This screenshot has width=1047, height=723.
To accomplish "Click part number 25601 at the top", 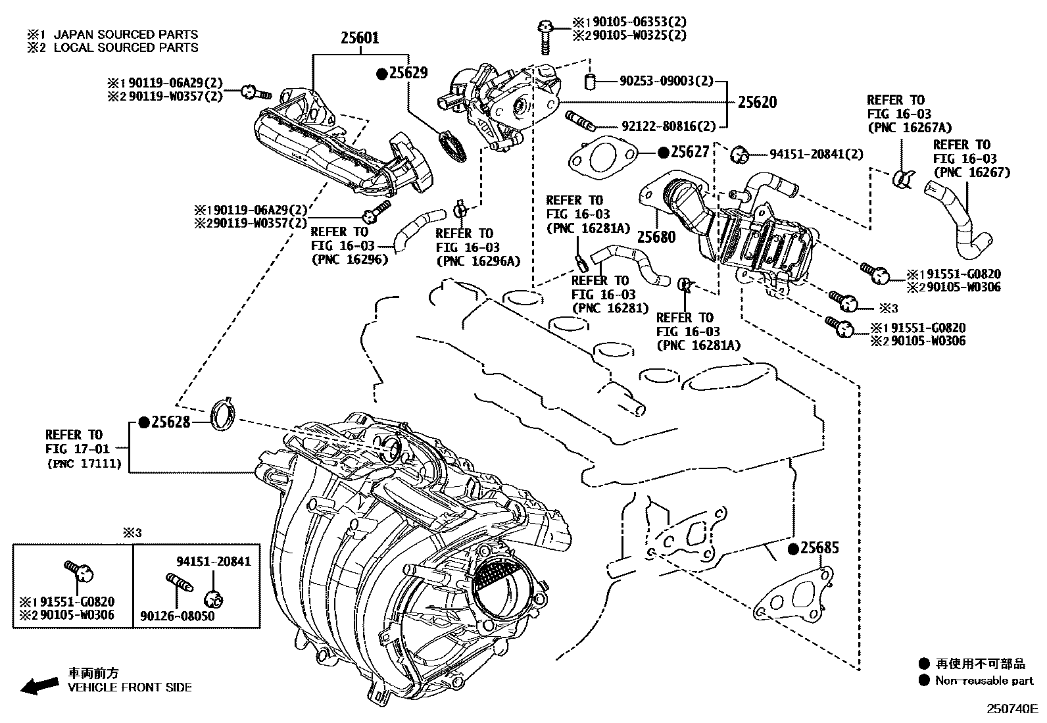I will pyautogui.click(x=360, y=38).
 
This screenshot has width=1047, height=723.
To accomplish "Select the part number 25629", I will pyautogui.click(x=408, y=73).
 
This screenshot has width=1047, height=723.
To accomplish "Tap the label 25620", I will pyautogui.click(x=757, y=102).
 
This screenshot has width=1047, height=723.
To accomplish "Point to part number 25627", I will pyautogui.click(x=690, y=153).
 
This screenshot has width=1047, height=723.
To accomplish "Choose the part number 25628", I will pyautogui.click(x=170, y=422).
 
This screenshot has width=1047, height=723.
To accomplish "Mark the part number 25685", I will pyautogui.click(x=819, y=548).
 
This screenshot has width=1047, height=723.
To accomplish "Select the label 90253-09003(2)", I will pyautogui.click(x=666, y=81).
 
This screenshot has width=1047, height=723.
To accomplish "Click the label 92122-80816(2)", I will pyautogui.click(x=668, y=126).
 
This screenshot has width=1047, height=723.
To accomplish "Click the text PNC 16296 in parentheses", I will pyautogui.click(x=349, y=260).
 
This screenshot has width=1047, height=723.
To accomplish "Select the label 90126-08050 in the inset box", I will pyautogui.click(x=177, y=616).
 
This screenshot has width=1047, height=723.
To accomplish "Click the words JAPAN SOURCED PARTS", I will pyautogui.click(x=126, y=34).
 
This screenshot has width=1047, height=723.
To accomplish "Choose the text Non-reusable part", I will pyautogui.click(x=985, y=680).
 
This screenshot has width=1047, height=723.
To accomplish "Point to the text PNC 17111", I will pyautogui.click(x=85, y=463).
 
